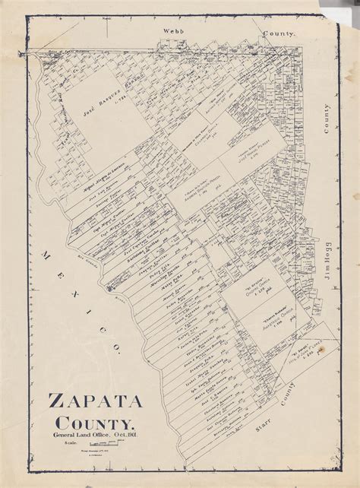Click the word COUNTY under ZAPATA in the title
[96, 422]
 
